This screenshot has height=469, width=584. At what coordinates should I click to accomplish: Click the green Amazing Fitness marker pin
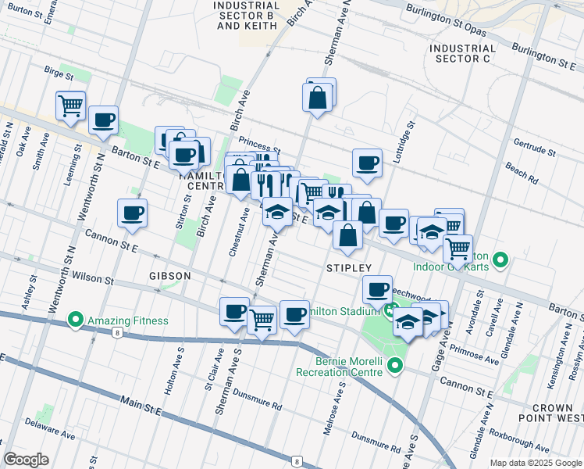pos(76,320)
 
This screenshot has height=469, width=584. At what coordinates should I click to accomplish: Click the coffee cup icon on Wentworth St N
pos(103,120)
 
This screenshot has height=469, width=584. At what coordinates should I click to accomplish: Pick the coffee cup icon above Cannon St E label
pos(132,213)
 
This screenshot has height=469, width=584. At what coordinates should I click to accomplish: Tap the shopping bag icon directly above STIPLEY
pos(347,234)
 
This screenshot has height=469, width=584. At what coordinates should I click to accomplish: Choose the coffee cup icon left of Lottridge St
pos(367,163)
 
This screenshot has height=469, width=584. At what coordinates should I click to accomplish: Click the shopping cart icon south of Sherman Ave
pos(262,318)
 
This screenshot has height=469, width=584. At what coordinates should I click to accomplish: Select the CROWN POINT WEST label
pos(557,414)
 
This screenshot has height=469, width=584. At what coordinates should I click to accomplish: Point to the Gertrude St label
pos(533,147)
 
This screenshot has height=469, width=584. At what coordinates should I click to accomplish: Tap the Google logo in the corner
pos(27,460)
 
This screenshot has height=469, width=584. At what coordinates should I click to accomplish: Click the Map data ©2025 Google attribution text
pos(535,463)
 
